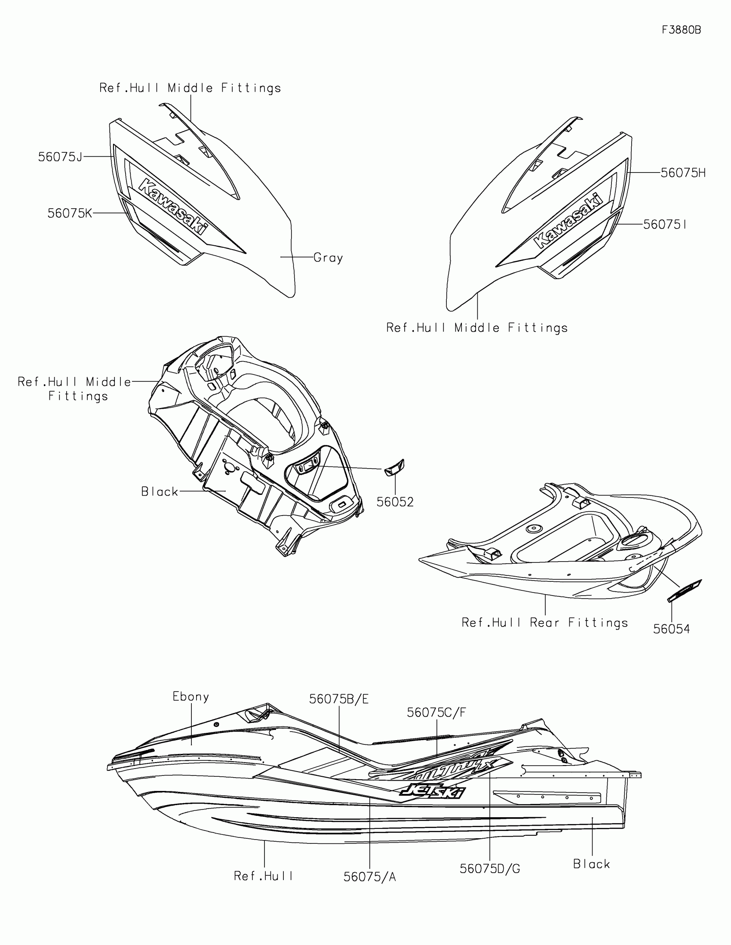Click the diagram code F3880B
tap(681, 30)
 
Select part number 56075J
tap(60, 157)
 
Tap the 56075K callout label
tap(70, 213)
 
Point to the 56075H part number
tap(683, 173)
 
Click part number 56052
tap(395, 502)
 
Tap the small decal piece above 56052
tap(395, 468)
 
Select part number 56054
tap(671, 629)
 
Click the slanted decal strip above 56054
tap(685, 590)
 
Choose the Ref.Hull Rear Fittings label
tap(545, 623)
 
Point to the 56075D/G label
tap(490, 868)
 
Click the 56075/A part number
tap(370, 877)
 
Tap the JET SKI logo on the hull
tap(433, 791)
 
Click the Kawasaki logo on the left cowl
tap(172, 206)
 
